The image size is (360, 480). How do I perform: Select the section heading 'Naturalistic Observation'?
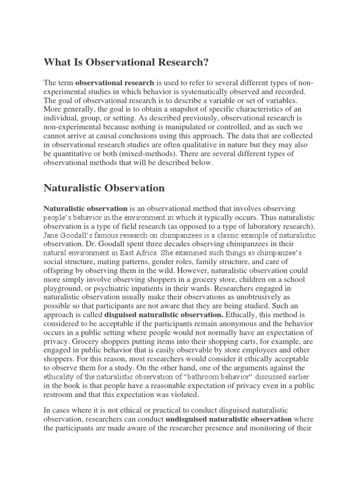pyautogui.click(x=104, y=188)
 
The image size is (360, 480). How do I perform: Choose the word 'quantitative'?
pyautogui.click(x=75, y=153)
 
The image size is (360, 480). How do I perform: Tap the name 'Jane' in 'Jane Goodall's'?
pyautogui.click(x=52, y=236)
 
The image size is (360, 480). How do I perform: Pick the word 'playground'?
pyautogui.click(x=66, y=289)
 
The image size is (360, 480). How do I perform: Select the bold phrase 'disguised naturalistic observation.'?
pyautogui.click(x=166, y=316)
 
